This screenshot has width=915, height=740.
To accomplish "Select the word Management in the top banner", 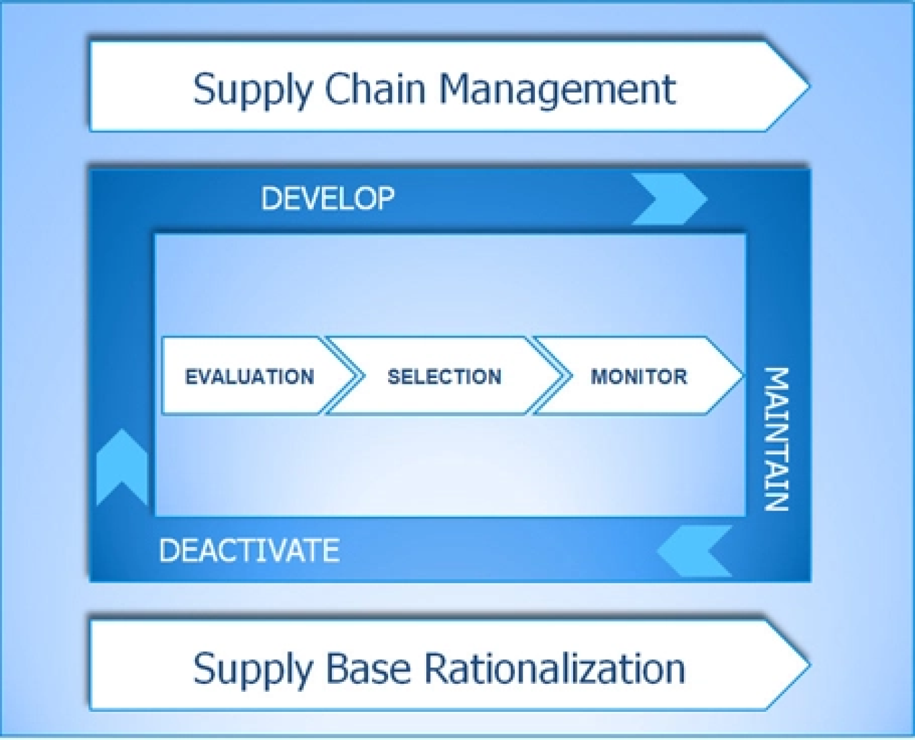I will click(x=557, y=89).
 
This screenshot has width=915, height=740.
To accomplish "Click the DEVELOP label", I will click(x=327, y=199).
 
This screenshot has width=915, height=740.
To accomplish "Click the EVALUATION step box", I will click(x=249, y=376).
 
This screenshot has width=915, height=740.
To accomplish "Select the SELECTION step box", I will click(x=444, y=376).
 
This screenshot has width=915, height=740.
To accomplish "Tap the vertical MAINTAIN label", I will click(x=777, y=439).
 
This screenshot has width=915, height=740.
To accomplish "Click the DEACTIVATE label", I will click(x=249, y=551).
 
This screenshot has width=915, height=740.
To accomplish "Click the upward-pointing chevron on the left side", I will click(x=122, y=466).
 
